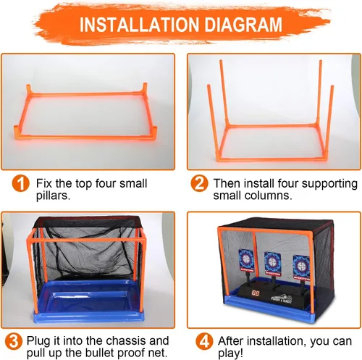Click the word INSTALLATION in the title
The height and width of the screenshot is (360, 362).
pos(140,25)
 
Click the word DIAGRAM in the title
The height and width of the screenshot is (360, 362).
pos(243,25)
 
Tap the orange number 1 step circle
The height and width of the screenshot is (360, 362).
pos(20,184)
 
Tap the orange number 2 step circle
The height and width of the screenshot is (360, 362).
pos(199,184)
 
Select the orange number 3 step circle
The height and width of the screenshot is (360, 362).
pos(14,341)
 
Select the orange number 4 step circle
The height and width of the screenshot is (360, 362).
pos(205,341)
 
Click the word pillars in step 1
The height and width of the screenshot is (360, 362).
pos(53,196)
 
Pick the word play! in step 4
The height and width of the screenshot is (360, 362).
pos(230,353)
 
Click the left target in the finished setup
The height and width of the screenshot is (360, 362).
pos(246,259)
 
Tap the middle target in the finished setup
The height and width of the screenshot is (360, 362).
pos(273,264)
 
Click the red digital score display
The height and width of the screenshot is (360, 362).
pos(256,293)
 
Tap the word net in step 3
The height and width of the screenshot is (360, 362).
pos(159,353)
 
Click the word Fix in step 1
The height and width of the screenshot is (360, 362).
pos(43,183)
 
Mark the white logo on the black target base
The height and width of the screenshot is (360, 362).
pos(281,299)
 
